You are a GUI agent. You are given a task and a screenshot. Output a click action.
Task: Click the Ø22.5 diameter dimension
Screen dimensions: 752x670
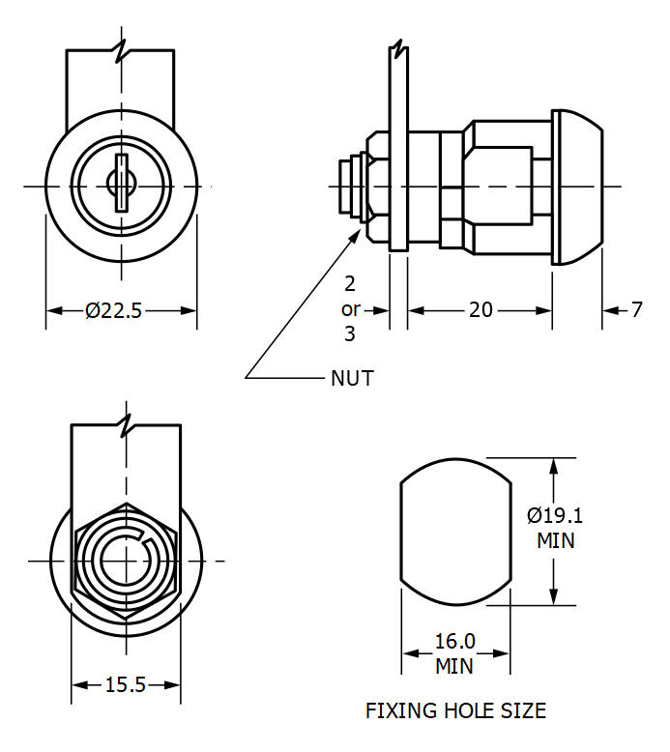coord(114,310)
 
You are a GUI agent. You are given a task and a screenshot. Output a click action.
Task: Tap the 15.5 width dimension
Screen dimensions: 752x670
coord(125,685)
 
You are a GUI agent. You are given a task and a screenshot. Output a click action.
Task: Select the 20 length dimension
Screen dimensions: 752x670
coord(481,310)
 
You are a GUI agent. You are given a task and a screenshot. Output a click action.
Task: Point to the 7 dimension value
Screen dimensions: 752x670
coord(636,310)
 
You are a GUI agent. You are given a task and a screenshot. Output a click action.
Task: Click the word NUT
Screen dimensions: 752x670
coord(352,378)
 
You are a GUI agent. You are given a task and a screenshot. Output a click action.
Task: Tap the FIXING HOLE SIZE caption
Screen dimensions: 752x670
coord(455,712)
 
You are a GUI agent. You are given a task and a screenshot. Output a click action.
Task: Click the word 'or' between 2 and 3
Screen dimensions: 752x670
coord(349,309)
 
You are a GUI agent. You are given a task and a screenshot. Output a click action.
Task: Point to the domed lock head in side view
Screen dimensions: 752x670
coord(577,187)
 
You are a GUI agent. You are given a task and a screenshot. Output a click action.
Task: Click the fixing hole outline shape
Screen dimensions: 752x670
coord(454,530)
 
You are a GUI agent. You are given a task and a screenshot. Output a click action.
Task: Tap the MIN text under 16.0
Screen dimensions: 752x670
coord(454,666)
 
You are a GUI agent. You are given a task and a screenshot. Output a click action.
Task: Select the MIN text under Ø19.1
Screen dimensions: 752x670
coord(555,540)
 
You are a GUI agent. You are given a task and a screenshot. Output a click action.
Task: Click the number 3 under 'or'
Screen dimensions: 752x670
coord(349,334)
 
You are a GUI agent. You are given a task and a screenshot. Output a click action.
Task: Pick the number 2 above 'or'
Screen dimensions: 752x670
coord(349,284)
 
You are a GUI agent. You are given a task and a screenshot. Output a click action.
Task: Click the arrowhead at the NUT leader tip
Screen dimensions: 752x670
coord(361,228)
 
